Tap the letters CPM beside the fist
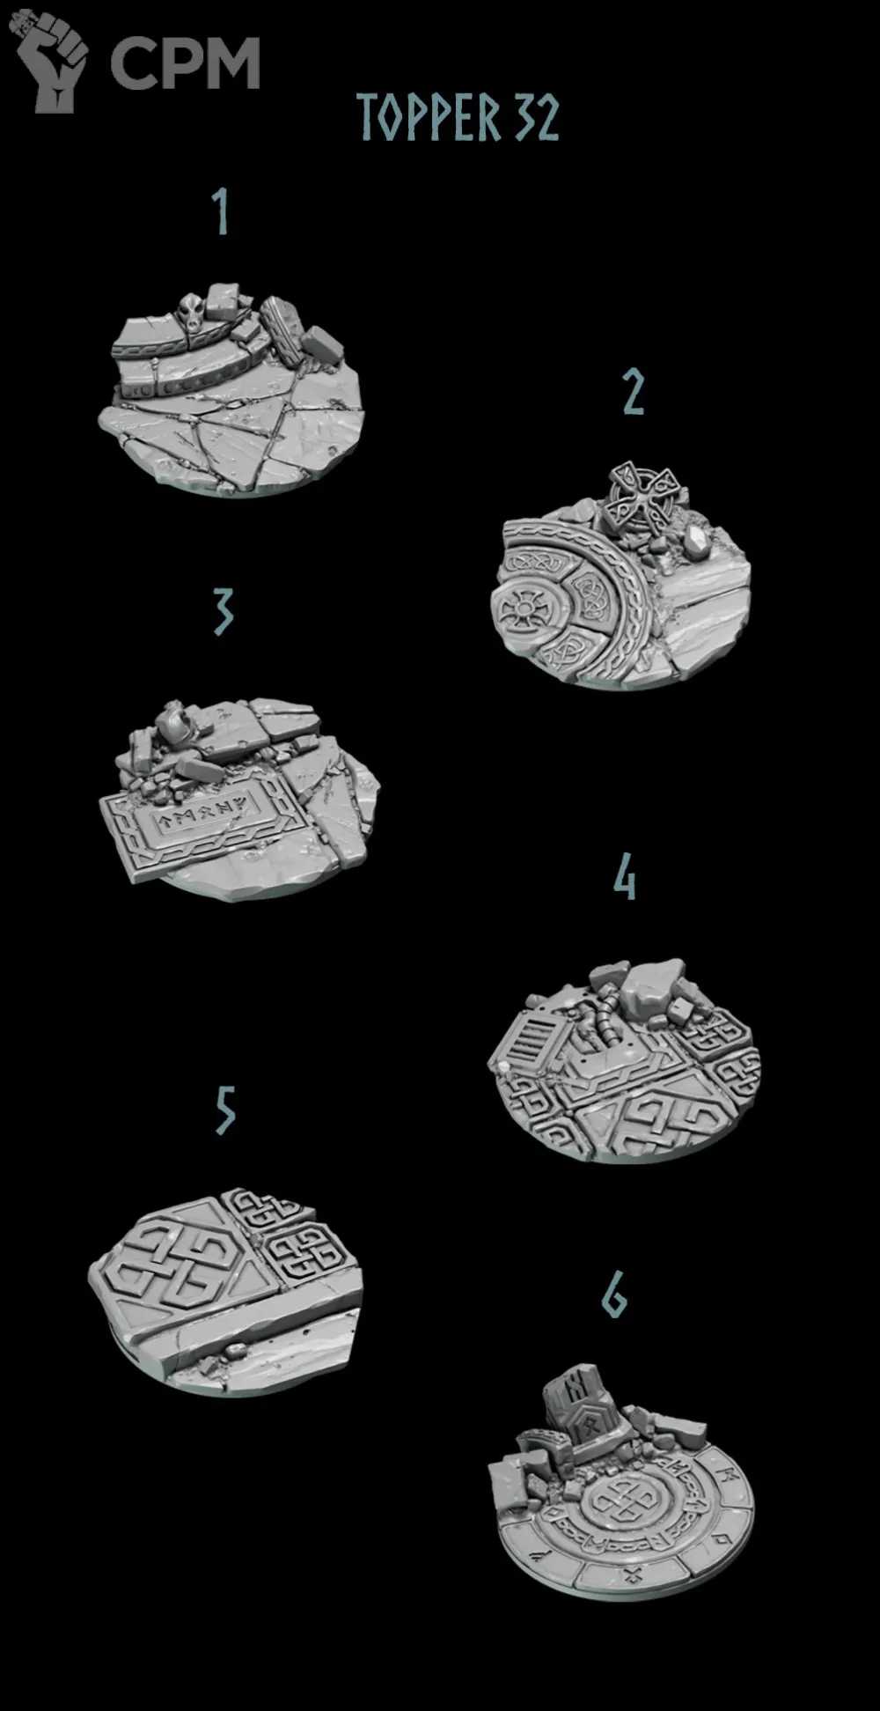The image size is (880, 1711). click(x=185, y=63)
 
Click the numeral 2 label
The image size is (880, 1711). click(x=634, y=392)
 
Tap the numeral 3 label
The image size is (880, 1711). click(x=224, y=611)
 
